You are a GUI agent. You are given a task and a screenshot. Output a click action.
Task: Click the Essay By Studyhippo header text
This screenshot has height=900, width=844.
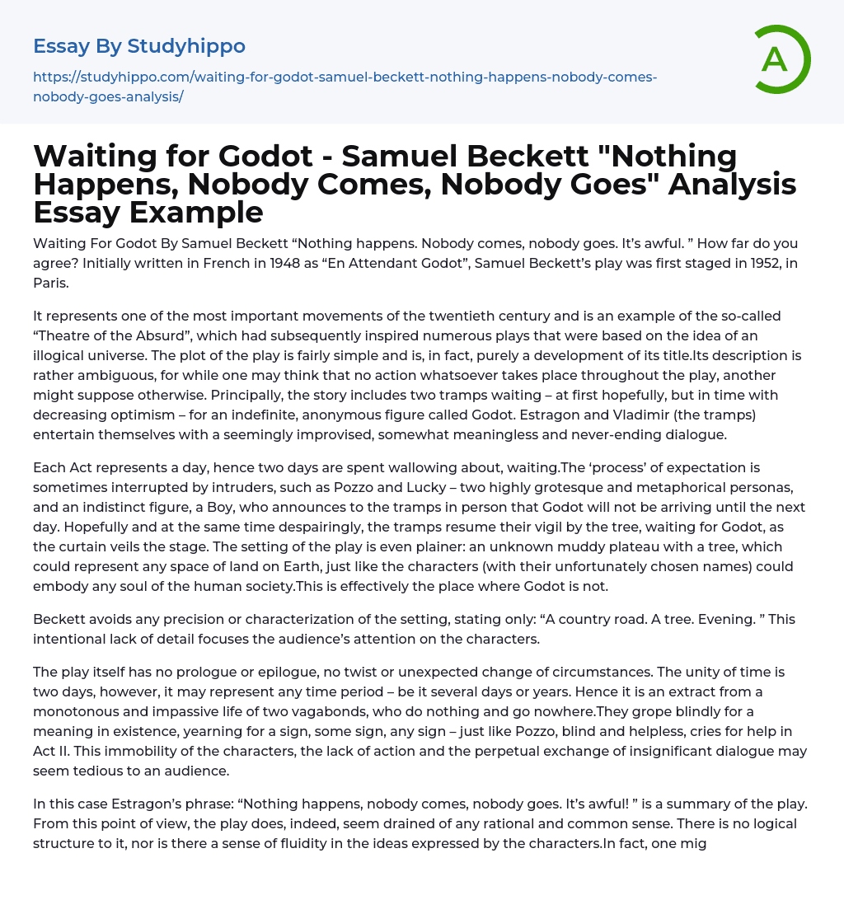[x=139, y=46]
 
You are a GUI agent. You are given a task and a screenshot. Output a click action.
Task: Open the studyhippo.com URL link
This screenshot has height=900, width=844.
[x=345, y=86]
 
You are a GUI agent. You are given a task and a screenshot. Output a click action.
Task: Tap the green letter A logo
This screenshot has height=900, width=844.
[x=775, y=59]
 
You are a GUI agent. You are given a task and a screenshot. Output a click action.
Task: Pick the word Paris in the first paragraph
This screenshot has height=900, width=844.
[x=50, y=284]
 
